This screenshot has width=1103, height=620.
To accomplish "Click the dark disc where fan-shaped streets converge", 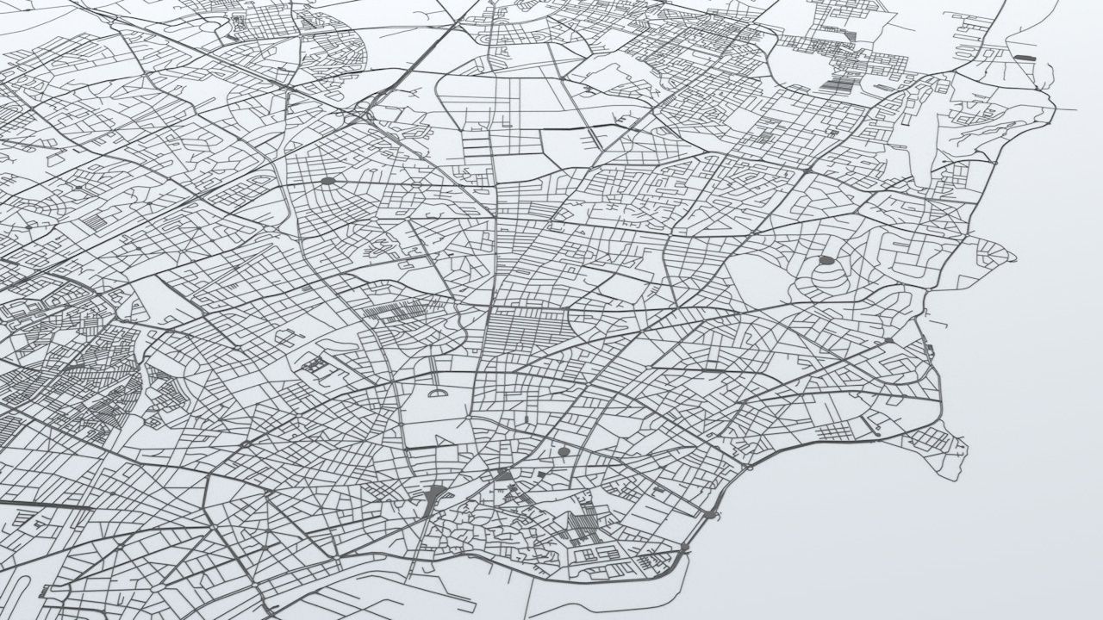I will click(x=328, y=181).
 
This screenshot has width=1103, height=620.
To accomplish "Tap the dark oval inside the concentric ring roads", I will click(x=826, y=259).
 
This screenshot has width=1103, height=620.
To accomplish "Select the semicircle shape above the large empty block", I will click(x=438, y=394).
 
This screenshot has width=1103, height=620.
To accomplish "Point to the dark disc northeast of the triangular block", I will click(x=564, y=450).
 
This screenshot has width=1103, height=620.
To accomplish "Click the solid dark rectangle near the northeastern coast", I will click(x=1025, y=58).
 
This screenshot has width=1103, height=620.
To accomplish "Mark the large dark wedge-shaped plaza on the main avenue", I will click(x=435, y=495).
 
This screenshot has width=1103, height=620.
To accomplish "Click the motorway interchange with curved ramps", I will click(x=371, y=108).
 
